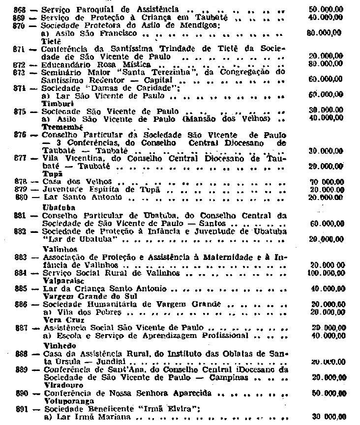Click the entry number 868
(21, 9)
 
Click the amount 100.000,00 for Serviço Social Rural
(326, 273)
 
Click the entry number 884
(21, 273)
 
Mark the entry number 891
(21, 408)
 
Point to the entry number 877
(21, 159)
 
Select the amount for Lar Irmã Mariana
(327, 417)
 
